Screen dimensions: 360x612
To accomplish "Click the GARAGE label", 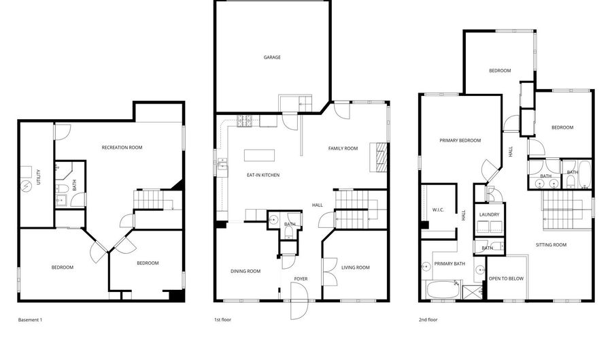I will click(272, 57).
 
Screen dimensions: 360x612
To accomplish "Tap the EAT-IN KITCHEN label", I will click(263, 176).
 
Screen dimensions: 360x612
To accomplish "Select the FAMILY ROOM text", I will click(343, 148).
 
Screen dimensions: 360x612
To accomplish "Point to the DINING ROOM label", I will click(245, 271).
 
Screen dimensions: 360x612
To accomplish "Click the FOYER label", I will click(301, 279).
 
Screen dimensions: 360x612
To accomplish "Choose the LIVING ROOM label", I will click(355, 267).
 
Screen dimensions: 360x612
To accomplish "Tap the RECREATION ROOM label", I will click(122, 148).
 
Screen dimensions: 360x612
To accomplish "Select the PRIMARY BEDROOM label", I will click(460, 141).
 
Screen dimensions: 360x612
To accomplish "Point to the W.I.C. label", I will click(438, 210).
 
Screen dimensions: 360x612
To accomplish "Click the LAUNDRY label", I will click(489, 215).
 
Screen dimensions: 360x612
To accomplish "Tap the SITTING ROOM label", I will click(551, 244).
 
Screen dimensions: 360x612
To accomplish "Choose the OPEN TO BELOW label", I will click(506, 278).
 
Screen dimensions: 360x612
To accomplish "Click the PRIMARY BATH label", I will click(449, 264).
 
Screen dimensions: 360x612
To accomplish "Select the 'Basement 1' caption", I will click(30, 319).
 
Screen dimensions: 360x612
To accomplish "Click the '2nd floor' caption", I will click(428, 319).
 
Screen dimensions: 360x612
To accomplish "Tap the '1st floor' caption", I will click(224, 319).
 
